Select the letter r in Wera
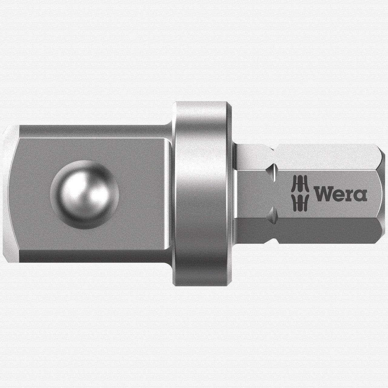click(350, 196)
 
